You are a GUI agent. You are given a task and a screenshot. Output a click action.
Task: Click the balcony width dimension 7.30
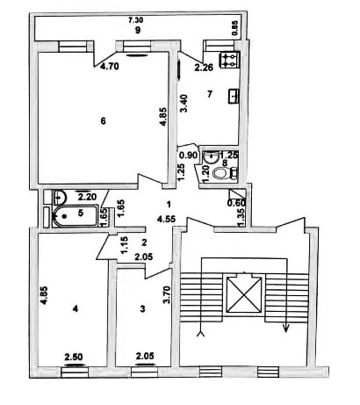pos(136,20)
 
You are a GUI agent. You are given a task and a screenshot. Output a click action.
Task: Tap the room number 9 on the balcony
pos(138,30)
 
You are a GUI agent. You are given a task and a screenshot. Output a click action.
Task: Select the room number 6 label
pos(103,121)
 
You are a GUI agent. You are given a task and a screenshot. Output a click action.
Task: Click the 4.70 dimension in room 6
pos(110,67)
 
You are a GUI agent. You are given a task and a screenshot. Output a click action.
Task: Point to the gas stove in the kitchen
pos(230,60)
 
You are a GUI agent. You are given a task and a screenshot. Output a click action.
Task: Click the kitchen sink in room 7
pos(234,96)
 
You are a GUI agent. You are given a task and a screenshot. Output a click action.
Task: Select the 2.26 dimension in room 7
pos(205,68)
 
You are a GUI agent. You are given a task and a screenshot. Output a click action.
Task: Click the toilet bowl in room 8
pos(220,174)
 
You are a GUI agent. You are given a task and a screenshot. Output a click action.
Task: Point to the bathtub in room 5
pos(75,216)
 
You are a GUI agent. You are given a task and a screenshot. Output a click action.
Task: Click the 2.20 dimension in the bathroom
pos(87,197)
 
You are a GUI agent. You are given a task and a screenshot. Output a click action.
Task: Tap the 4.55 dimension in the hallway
pos(166,219)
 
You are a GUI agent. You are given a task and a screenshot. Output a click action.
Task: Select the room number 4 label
pos(76,308)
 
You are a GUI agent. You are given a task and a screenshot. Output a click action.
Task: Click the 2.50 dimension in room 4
pos(74,357)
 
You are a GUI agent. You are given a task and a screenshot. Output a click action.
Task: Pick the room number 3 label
pos(143,309)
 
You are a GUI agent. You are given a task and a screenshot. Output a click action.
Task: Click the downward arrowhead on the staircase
pos(286,329)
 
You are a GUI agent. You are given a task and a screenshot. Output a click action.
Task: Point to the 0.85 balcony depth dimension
pos(236,29)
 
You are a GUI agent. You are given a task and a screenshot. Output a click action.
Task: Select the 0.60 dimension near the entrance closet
pos(236,203)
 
